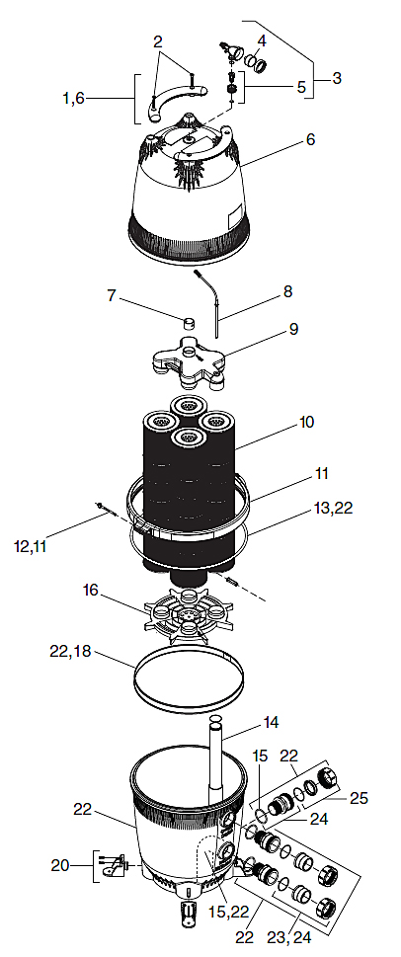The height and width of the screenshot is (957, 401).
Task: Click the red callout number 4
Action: coord(262,40)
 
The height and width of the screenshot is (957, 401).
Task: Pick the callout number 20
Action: coord(61,865)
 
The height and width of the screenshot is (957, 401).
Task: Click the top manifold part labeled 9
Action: coord(193,360)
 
